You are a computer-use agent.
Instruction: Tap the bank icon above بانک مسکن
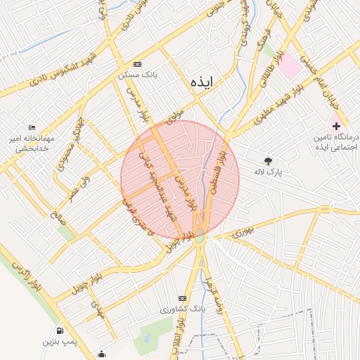(138, 63)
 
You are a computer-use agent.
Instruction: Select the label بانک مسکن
(138, 73)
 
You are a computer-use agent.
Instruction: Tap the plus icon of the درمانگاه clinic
(337, 124)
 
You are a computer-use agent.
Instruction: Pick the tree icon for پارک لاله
(267, 160)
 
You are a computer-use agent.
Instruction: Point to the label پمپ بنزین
(58, 342)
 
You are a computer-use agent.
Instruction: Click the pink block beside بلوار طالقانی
(290, 67)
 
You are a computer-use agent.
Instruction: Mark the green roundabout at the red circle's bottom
(200, 237)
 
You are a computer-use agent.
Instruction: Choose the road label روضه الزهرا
(212, 296)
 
